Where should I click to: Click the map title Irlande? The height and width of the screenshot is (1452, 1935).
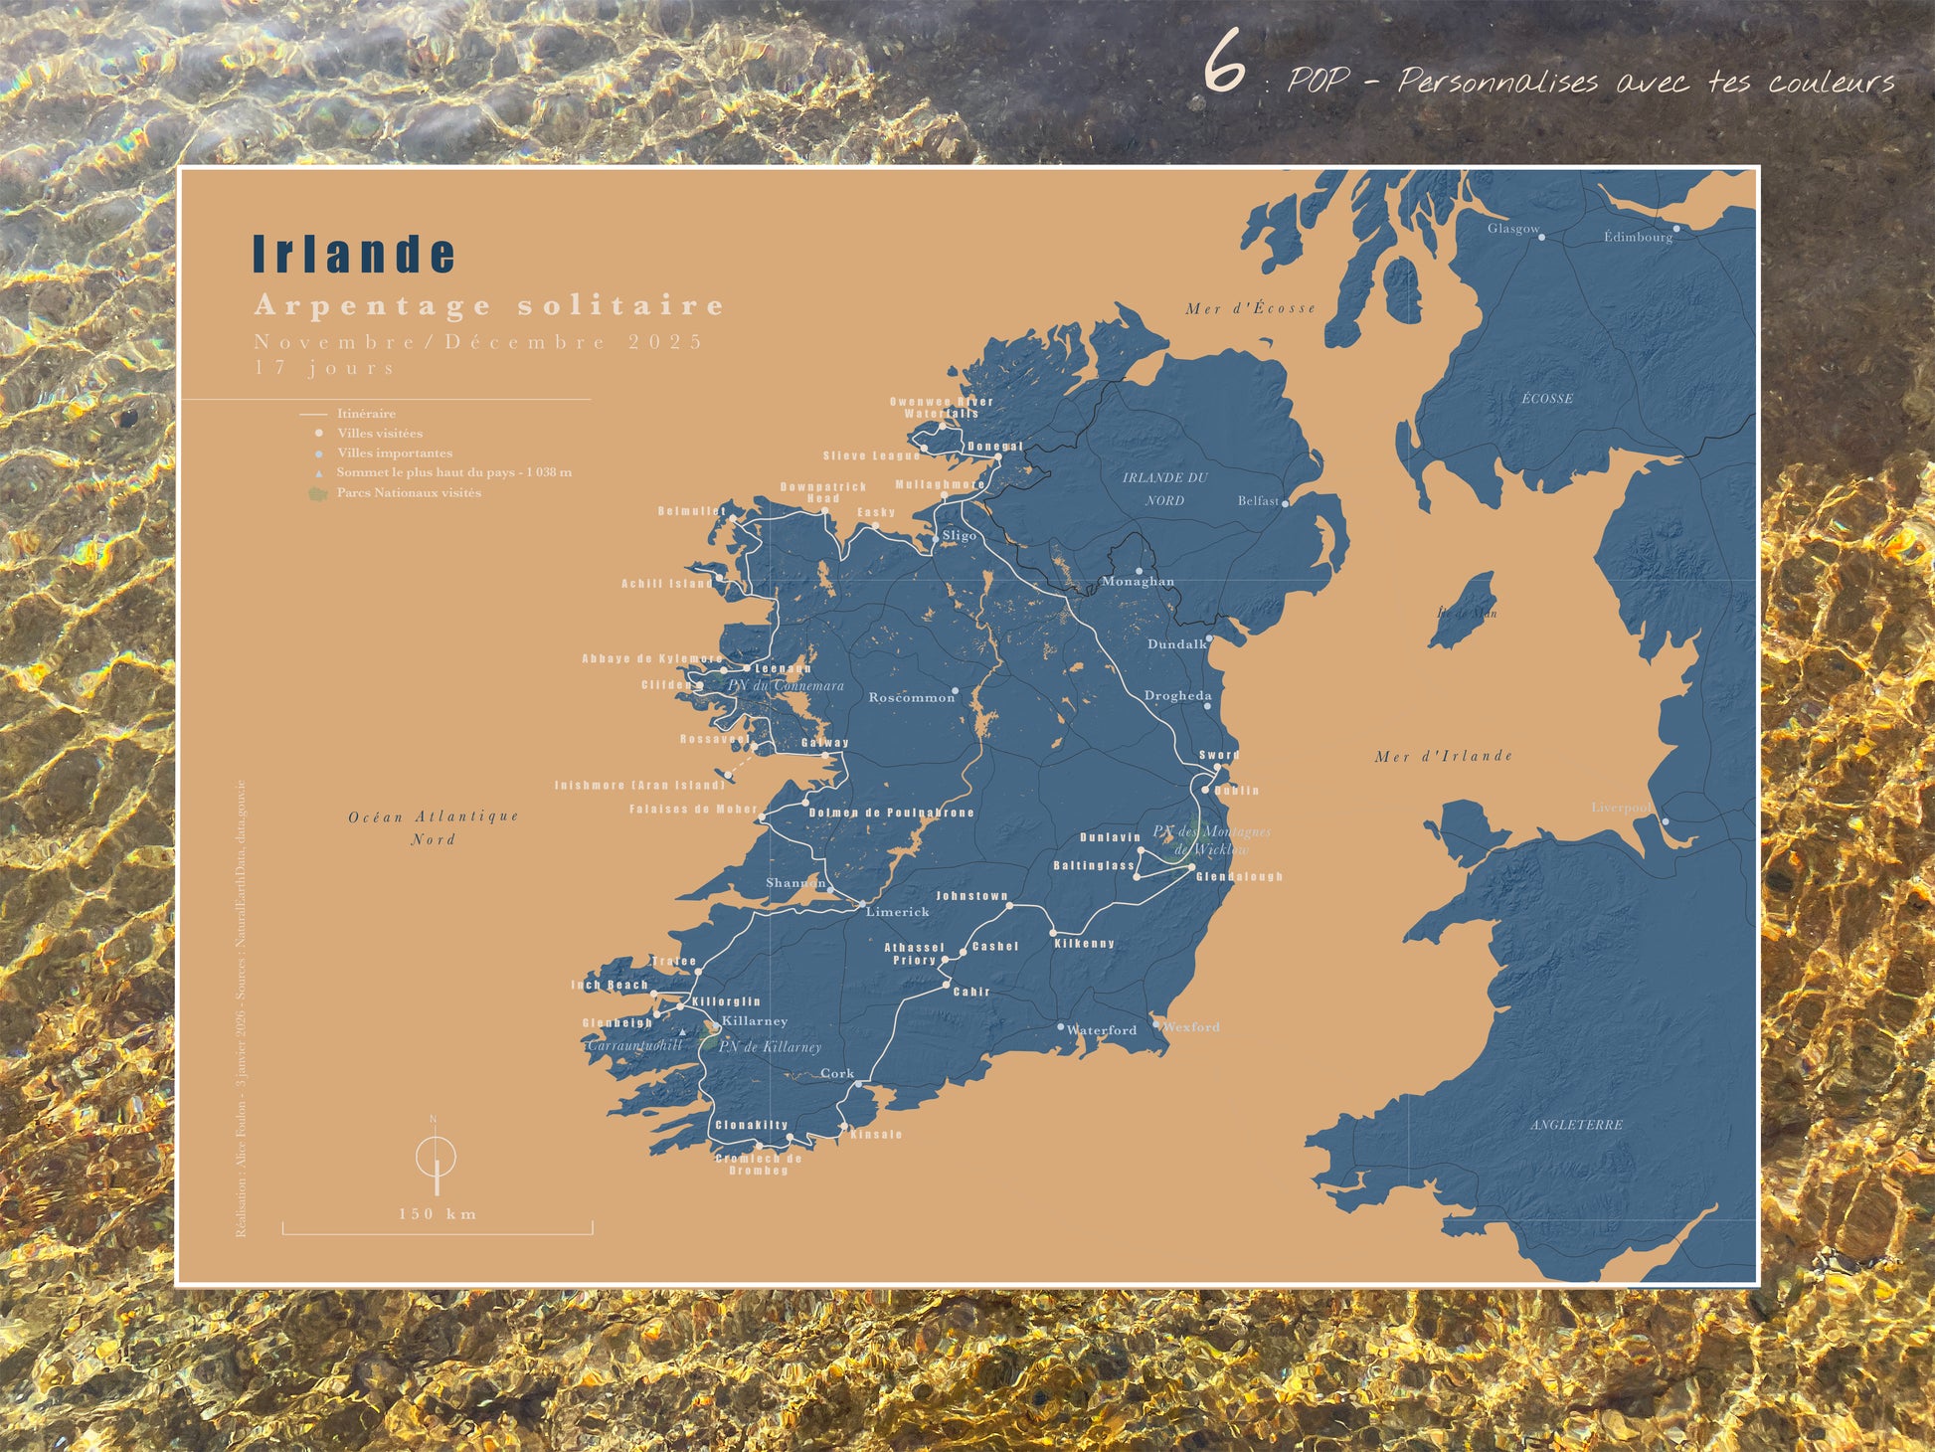pyautogui.click(x=354, y=254)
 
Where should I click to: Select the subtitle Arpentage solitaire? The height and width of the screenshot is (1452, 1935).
pyautogui.click(x=489, y=305)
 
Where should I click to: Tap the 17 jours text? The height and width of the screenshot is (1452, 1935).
pyautogui.click(x=325, y=368)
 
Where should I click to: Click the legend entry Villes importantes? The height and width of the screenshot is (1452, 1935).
pyautogui.click(x=394, y=453)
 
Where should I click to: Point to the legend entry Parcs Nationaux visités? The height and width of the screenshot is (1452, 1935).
pyautogui.click(x=408, y=492)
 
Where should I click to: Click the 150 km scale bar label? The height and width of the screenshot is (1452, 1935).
pyautogui.click(x=438, y=1213)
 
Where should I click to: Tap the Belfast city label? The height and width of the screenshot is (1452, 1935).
pyautogui.click(x=1258, y=501)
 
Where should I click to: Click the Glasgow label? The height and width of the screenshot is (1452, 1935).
pyautogui.click(x=1512, y=229)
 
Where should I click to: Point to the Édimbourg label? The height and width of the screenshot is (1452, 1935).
pyautogui.click(x=1637, y=237)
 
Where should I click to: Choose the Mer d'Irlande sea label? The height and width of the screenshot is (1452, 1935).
pyautogui.click(x=1443, y=756)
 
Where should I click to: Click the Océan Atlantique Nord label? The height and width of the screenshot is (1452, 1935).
pyautogui.click(x=434, y=827)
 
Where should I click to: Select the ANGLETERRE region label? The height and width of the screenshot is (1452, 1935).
pyautogui.click(x=1576, y=1124)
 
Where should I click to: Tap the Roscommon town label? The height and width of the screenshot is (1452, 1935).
pyautogui.click(x=911, y=697)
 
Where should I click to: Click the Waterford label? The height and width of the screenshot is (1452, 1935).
pyautogui.click(x=1101, y=1030)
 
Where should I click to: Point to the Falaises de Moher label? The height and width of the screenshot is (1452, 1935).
pyautogui.click(x=693, y=810)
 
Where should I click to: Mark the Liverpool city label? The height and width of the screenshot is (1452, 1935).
pyautogui.click(x=1621, y=807)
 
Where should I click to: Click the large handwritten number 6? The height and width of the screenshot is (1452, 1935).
pyautogui.click(x=1224, y=63)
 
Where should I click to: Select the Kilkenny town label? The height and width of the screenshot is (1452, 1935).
pyautogui.click(x=1084, y=943)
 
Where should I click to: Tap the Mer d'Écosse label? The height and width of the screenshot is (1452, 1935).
pyautogui.click(x=1250, y=308)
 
